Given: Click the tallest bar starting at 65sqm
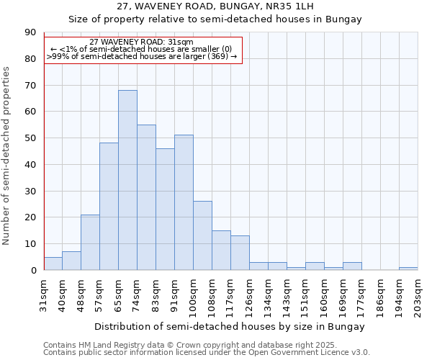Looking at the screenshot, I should (127, 180).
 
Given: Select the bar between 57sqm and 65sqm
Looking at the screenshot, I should (109, 207).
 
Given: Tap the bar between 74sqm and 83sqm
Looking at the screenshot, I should (146, 197).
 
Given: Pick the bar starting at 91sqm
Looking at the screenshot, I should (184, 202).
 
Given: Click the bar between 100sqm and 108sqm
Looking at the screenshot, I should (202, 235).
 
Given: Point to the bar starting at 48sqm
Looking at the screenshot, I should (90, 242).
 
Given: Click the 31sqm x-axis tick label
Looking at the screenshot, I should (44, 291).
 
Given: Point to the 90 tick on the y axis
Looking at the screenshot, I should (30, 32).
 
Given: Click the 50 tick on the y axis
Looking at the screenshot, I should (30, 138).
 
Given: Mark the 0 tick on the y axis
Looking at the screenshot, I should (33, 271).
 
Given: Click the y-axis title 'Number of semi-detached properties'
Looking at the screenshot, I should (6, 156).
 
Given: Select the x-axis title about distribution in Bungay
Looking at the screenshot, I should (229, 326).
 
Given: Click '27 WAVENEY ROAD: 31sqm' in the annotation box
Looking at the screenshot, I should (142, 42).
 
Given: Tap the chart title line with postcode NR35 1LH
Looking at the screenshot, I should (215, 6).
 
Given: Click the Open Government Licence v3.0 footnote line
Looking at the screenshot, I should (206, 353).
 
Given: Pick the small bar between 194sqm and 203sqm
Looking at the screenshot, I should (408, 269).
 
